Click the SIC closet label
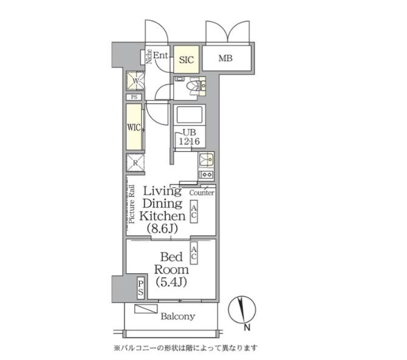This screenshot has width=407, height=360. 186,59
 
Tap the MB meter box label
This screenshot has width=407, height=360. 226,59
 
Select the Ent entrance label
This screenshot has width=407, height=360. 160,56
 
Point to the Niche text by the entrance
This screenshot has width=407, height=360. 149,56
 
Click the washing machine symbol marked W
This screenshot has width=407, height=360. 134,81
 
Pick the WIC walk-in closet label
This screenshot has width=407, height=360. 134,127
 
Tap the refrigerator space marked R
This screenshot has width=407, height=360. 134,163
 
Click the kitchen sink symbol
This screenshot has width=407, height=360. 205,160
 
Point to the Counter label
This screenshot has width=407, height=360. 202,192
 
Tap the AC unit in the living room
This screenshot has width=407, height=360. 194,212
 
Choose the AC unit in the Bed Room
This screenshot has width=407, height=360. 194,254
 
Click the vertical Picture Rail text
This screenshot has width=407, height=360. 131,204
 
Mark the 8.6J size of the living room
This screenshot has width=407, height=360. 161,228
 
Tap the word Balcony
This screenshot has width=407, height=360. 177,316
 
